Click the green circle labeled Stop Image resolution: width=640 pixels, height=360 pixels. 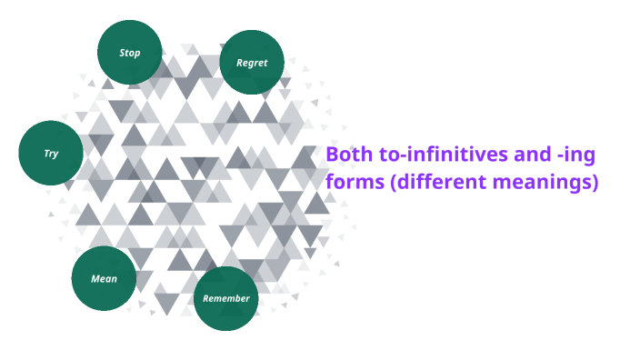click(x=130, y=53)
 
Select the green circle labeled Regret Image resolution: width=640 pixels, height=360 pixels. click(x=252, y=63)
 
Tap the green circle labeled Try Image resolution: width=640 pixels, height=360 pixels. click(x=51, y=153)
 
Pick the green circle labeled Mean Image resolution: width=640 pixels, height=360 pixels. click(x=104, y=278)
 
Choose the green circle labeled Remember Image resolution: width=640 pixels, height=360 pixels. click(x=225, y=298)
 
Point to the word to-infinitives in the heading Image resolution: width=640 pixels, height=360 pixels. click(x=443, y=155)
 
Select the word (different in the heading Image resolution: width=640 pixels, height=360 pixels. click(x=436, y=182)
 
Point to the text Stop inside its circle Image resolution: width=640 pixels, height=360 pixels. click(x=130, y=53)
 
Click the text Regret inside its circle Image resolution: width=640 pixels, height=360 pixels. click(x=252, y=63)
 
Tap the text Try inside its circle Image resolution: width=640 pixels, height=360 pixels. click(x=51, y=154)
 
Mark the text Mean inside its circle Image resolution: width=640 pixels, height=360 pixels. click(x=104, y=278)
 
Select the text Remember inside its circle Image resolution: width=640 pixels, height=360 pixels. click(x=225, y=299)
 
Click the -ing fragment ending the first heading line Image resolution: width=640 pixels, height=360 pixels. click(x=587, y=156)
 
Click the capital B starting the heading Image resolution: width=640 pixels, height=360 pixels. click(x=332, y=155)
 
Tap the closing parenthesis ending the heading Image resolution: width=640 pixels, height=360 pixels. click(x=595, y=182)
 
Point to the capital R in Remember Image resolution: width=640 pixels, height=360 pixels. click(x=206, y=298)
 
